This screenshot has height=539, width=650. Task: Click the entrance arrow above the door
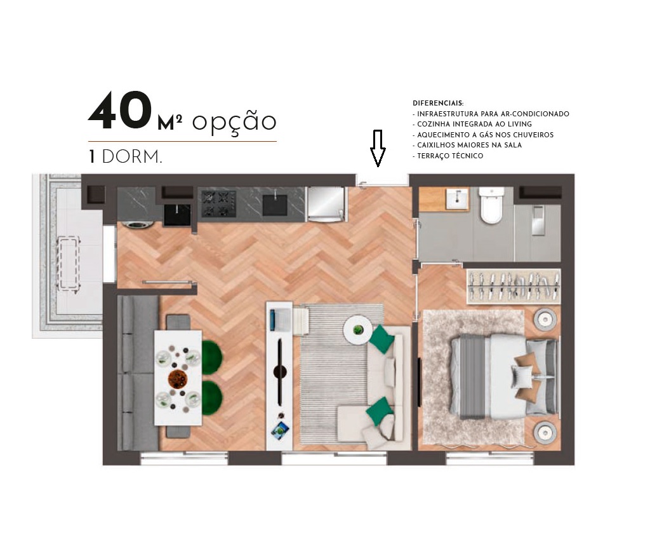coord(378,148)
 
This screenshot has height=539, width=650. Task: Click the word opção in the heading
coord(234,121)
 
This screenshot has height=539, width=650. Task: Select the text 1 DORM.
coord(125,157)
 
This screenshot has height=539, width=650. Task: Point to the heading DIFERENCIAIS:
coord(438,103)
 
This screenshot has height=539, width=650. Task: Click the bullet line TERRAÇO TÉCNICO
coord(449,156)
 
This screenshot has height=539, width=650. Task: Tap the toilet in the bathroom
coord(491,205)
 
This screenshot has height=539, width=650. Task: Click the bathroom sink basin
coord(457,200)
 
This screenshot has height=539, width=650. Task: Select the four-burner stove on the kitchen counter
coord(218,203)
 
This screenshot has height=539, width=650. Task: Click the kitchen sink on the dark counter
coord(275,204)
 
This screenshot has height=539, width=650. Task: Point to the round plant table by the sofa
coord(358,329)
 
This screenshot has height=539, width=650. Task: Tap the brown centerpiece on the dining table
coord(178,379)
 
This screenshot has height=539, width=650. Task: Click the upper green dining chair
coord(211,357)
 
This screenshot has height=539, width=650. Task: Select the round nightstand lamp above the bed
coord(545,319)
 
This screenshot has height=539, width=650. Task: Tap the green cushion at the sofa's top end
coord(382,339)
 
